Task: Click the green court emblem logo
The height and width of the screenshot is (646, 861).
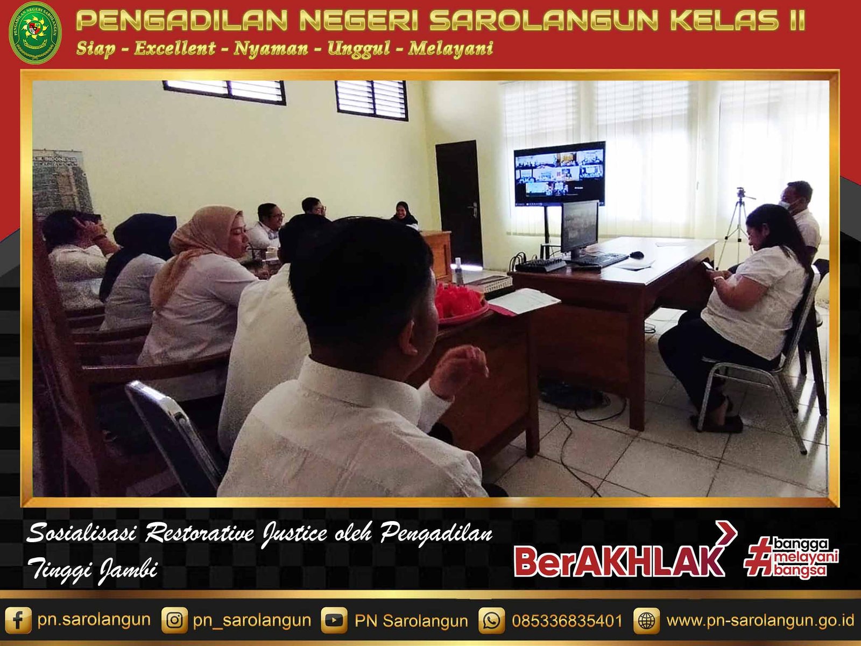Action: click(x=35, y=33)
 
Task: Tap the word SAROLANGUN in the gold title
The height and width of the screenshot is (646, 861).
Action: click(x=544, y=20)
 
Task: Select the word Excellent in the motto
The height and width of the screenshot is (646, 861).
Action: click(x=175, y=48)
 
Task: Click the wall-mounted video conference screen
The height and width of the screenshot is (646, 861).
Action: click(x=559, y=173)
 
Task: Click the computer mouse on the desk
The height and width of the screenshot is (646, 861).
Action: click(x=636, y=255)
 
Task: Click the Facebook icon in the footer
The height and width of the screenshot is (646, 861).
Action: click(x=18, y=620)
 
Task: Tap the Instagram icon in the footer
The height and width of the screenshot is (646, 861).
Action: click(x=174, y=620)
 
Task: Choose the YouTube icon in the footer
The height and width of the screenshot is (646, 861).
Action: click(x=334, y=620)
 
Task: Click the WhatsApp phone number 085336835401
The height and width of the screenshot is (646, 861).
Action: click(x=567, y=621)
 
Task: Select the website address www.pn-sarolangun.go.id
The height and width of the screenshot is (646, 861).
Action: click(x=760, y=621)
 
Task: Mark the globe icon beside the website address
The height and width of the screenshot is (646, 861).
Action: click(x=646, y=620)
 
